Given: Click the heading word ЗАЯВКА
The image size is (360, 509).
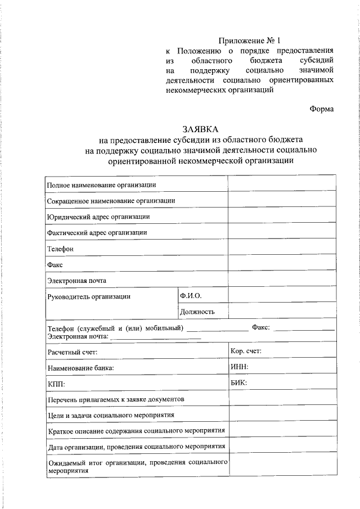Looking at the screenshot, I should [199, 129].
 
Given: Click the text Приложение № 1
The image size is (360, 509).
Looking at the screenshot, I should [249, 40].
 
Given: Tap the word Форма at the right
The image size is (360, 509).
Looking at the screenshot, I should [322, 109].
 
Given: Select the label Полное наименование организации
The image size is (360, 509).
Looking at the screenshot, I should [101, 184].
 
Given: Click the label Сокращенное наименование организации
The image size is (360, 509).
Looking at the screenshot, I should [111, 200].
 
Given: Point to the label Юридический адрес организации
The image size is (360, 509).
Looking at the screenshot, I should [98, 216].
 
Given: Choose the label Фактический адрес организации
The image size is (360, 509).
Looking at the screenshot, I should [97, 232].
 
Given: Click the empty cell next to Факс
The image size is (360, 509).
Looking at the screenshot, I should [282, 264].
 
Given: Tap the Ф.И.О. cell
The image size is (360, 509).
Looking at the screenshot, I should [191, 295].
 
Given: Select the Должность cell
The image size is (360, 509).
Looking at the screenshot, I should [197, 311].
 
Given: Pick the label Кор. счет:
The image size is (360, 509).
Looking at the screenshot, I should [246, 352].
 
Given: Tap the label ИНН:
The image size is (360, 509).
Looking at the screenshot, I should [240, 367].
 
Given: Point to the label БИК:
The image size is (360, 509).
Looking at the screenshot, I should [239, 382].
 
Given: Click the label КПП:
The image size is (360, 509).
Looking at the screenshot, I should [56, 384].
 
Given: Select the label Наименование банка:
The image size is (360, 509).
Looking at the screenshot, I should [81, 368].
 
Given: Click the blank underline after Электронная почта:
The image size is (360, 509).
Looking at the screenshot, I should [155, 337].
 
